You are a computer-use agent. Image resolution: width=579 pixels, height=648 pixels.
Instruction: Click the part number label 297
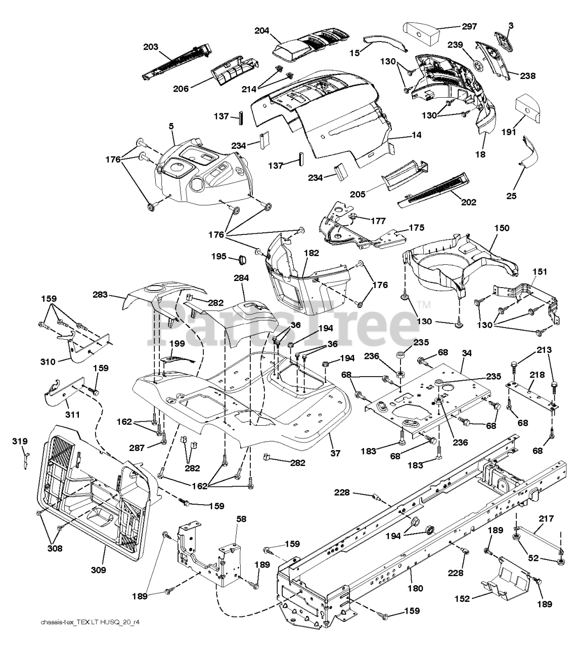(x=469, y=26)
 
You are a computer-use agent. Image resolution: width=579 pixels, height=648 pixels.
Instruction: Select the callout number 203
(x=151, y=47)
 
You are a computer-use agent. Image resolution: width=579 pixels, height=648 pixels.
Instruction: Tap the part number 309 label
(x=99, y=570)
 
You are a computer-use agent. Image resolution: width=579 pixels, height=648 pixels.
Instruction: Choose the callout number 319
(x=20, y=441)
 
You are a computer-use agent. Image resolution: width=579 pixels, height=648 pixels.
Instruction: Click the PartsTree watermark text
(x=283, y=322)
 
